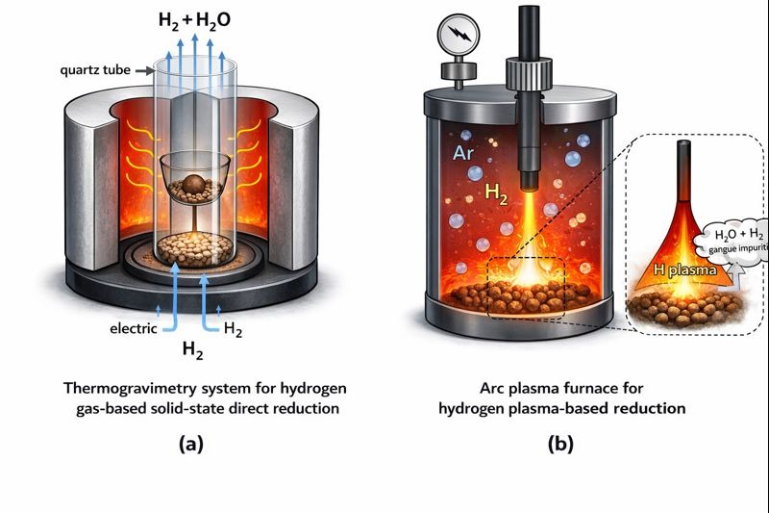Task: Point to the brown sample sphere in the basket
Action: [195, 186]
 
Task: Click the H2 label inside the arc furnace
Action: [496, 193]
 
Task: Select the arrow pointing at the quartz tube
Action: [141, 71]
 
